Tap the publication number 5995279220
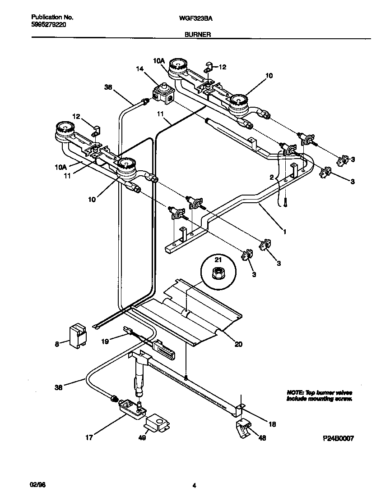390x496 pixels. [x=49, y=26]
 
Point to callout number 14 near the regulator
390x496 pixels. [x=140, y=68]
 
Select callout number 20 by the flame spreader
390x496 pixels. [x=238, y=345]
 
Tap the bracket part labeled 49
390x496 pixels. [x=156, y=423]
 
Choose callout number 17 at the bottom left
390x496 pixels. [x=89, y=437]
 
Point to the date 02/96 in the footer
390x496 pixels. [x=39, y=485]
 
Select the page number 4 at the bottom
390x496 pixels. [x=194, y=486]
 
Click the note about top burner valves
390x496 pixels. [x=319, y=396]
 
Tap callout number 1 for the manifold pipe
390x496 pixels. [x=285, y=232]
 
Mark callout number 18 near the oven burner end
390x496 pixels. [x=272, y=424]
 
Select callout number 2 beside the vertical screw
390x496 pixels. [x=272, y=177]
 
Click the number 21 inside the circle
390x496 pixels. [x=218, y=260]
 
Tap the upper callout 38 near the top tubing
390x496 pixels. [x=107, y=88]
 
